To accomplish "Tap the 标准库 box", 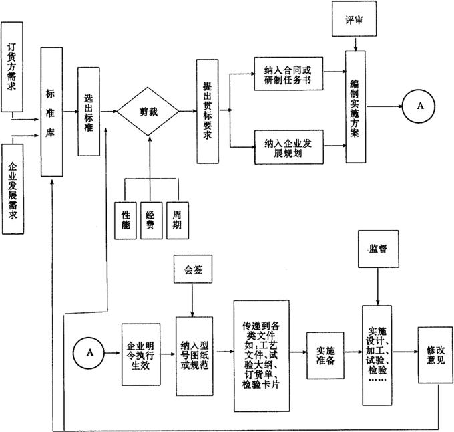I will click(x=51, y=112).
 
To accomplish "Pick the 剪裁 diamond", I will click(x=148, y=111).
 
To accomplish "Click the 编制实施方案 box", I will click(x=355, y=107).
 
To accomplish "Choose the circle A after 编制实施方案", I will click(x=420, y=106).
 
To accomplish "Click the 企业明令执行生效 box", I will click(x=141, y=354).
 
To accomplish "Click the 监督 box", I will click(x=379, y=247).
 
